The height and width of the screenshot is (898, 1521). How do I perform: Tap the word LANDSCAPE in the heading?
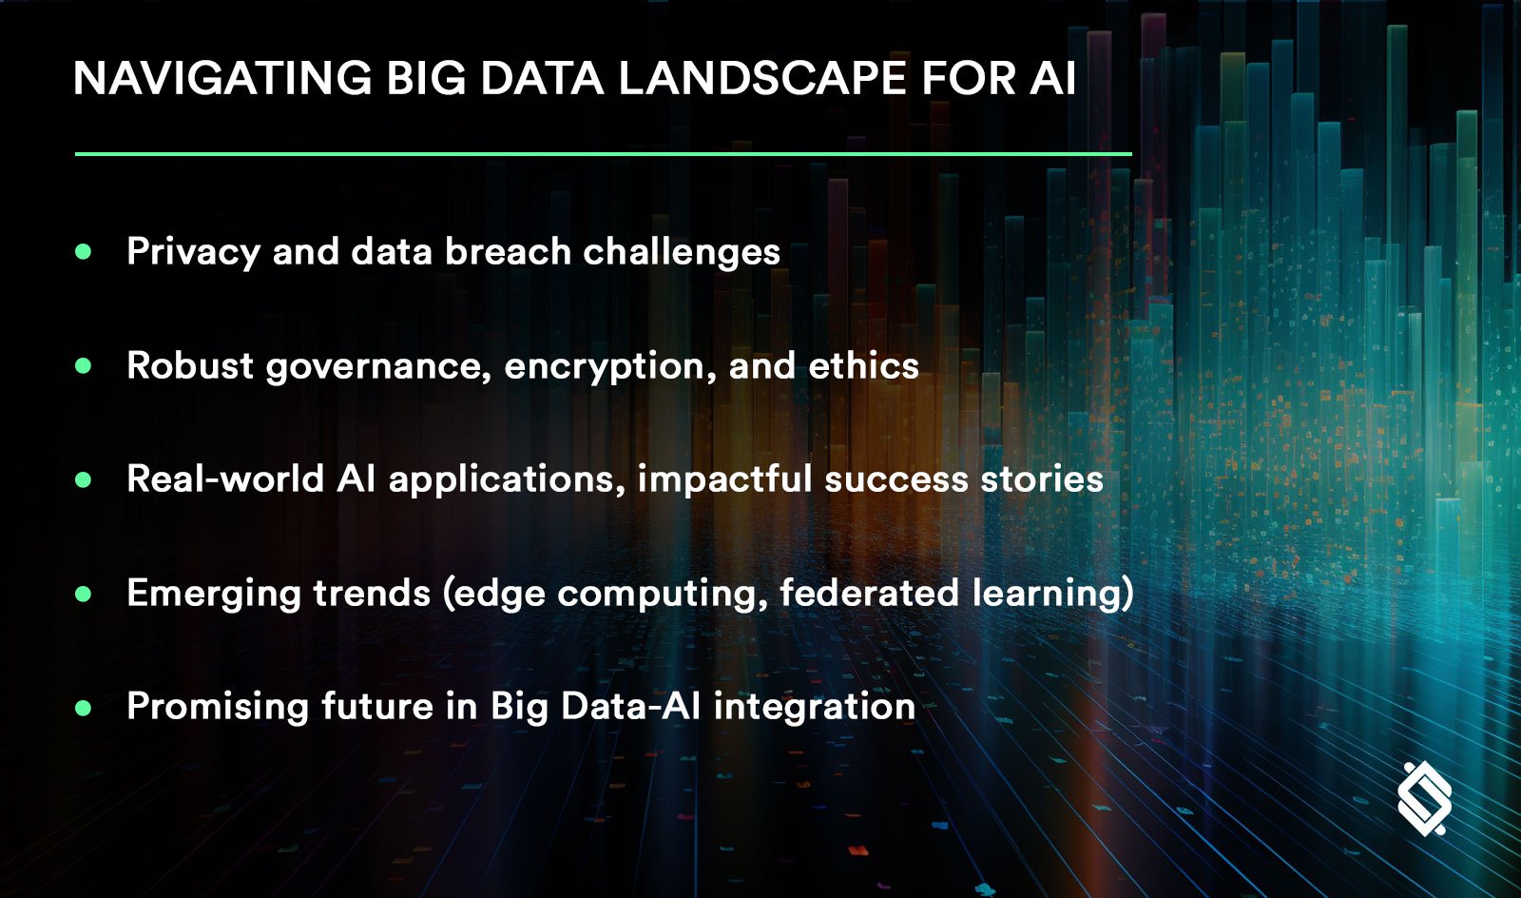tap(761, 78)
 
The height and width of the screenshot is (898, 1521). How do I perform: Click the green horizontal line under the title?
tap(603, 153)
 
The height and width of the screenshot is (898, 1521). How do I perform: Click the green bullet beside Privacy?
tap(84, 252)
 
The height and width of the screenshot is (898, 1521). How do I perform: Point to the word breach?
tap(508, 252)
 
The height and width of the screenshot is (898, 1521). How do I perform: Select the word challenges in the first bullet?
tap(681, 252)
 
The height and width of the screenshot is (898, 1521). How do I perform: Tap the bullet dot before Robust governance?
tap(84, 365)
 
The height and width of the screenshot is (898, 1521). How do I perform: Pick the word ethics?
tap(863, 365)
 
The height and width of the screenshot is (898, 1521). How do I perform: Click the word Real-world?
tap(225, 478)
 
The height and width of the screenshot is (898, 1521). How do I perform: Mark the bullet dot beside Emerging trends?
tap(84, 594)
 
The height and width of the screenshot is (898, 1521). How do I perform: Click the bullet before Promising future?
tap(84, 707)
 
